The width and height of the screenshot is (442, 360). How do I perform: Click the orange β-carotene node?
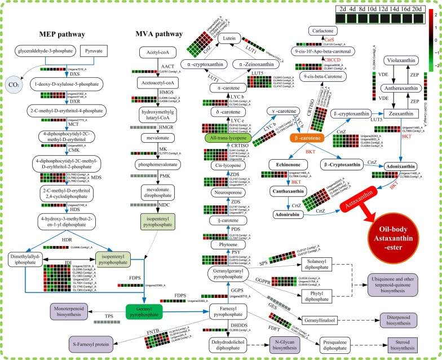click(310, 137)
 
